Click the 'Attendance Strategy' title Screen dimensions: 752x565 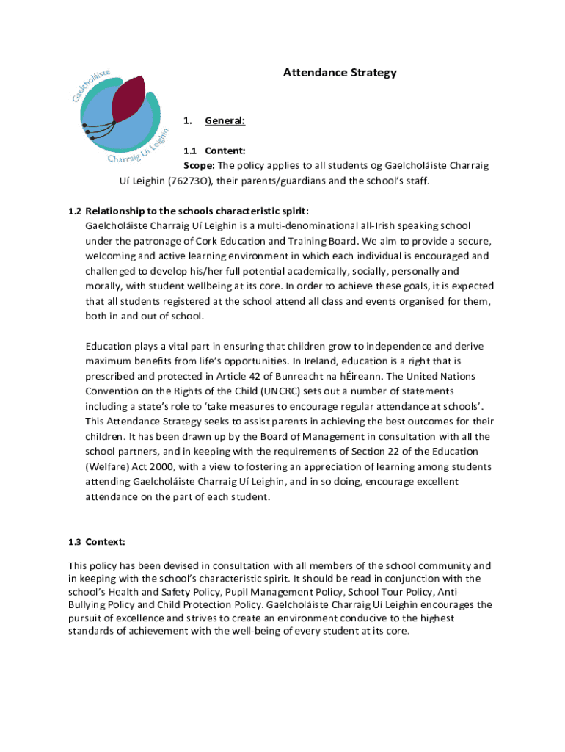click(x=340, y=73)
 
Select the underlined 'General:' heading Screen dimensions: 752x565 click(x=225, y=120)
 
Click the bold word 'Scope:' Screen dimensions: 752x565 click(x=199, y=165)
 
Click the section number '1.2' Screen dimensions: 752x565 click(x=75, y=211)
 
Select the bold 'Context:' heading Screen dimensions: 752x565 click(x=106, y=542)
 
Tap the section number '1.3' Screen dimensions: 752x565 click(x=74, y=542)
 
